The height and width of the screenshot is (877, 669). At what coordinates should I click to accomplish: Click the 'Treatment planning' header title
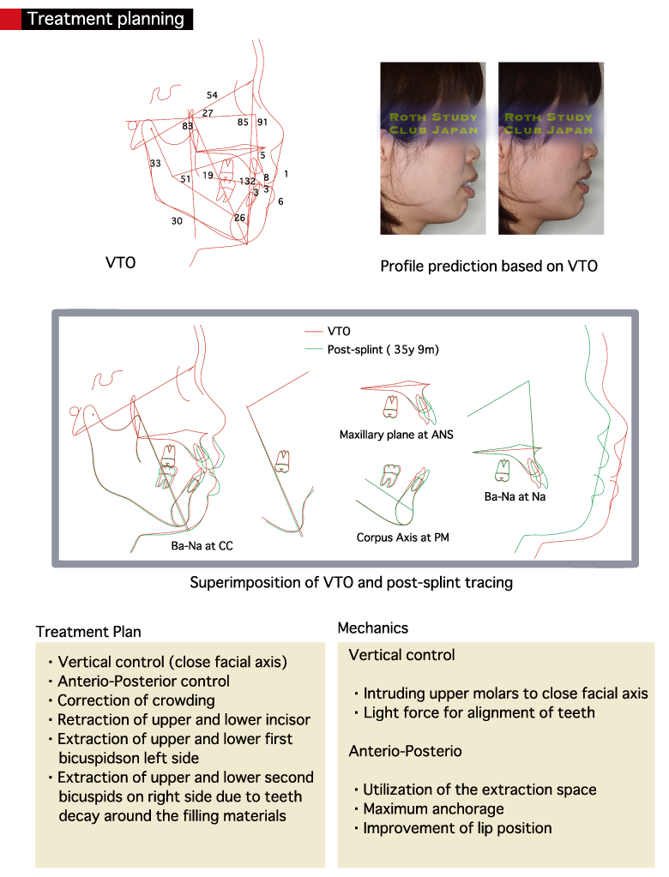coord(105,18)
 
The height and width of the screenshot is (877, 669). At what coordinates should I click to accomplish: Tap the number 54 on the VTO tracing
coord(212,95)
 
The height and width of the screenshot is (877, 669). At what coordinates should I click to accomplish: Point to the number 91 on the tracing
coord(262,123)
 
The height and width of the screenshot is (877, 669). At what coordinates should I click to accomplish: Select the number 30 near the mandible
coord(177,220)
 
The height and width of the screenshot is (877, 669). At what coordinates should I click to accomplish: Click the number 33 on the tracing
coord(155,163)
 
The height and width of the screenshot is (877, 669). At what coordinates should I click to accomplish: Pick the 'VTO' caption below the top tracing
coord(120,263)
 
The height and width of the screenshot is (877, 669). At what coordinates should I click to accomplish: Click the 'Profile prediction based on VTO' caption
coord(489,266)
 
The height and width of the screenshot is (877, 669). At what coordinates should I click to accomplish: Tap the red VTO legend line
coord(313,331)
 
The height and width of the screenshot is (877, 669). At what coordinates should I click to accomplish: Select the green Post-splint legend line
coord(313,349)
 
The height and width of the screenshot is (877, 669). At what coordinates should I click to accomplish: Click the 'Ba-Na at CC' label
coord(202,544)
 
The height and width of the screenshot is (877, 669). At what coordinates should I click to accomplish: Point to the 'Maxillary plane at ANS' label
coord(396,435)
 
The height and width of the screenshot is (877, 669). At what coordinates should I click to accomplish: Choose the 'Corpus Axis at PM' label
coord(403,538)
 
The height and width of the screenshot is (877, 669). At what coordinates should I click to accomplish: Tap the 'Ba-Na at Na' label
coord(515,496)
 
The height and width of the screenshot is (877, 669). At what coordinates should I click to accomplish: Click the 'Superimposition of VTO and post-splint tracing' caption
coord(351,583)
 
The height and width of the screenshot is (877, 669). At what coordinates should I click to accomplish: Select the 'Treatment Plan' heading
coord(88,632)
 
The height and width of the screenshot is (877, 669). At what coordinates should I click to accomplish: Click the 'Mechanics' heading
coord(373,628)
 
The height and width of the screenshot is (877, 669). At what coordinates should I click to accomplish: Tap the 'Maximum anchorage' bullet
coord(433,808)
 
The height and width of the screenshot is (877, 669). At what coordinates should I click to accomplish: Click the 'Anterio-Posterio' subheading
coord(406,751)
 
